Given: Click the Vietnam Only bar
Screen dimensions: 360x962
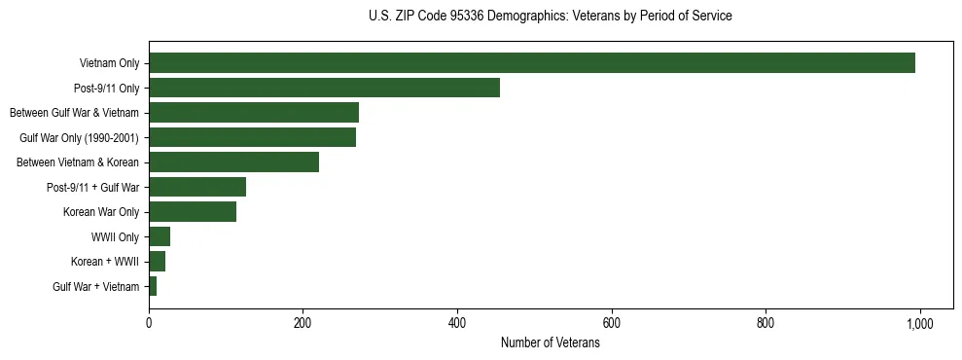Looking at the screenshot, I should pyautogui.click(x=532, y=63).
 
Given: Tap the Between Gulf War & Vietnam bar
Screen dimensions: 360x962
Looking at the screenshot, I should pyautogui.click(x=254, y=113).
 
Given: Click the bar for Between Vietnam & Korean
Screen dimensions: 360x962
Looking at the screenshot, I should pyautogui.click(x=233, y=162).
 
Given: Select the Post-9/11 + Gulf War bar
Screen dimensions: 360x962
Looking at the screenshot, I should pyautogui.click(x=197, y=187).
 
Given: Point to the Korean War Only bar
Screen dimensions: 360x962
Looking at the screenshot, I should pyautogui.click(x=193, y=212).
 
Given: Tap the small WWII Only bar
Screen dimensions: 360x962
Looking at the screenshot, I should pyautogui.click(x=160, y=236).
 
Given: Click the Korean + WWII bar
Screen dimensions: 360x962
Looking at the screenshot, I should pyautogui.click(x=157, y=262).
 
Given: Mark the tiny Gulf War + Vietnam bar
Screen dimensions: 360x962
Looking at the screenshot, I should pyautogui.click(x=153, y=286).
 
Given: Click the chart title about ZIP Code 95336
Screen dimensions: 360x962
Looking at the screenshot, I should pyautogui.click(x=551, y=16).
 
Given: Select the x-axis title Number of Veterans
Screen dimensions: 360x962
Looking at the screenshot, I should pyautogui.click(x=551, y=343).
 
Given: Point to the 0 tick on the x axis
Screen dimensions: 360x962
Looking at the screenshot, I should pyautogui.click(x=149, y=323).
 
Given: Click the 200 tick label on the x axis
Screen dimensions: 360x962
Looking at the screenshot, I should pyautogui.click(x=303, y=323).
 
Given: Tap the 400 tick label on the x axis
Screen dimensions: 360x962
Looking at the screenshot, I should pyautogui.click(x=457, y=323).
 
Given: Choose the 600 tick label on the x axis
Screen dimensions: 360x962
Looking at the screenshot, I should pyautogui.click(x=612, y=323).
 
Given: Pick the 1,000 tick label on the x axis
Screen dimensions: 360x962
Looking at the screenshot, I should pyautogui.click(x=920, y=323).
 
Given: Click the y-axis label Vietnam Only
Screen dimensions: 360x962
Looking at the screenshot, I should pyautogui.click(x=109, y=64).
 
